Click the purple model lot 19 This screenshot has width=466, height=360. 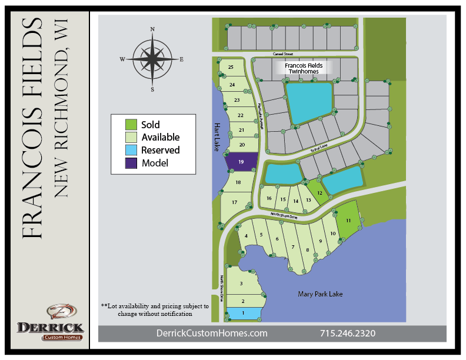click(x=242, y=162)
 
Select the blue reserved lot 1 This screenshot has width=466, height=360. click(x=243, y=314)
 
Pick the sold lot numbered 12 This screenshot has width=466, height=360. click(x=319, y=192)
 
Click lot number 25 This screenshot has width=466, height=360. click(x=231, y=68)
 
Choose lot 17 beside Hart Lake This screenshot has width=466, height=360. click(x=234, y=203)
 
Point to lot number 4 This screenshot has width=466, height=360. click(x=245, y=236)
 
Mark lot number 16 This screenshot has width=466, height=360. click(x=269, y=199)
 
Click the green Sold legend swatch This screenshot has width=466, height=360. click(x=131, y=125)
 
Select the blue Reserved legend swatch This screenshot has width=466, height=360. click(x=131, y=150)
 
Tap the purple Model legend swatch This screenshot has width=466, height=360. click(x=131, y=163)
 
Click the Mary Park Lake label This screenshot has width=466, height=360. click(x=320, y=294)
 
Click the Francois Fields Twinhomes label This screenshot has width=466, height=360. click(x=301, y=68)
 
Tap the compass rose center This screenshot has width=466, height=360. click(x=152, y=59)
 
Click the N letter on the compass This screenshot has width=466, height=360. click(x=152, y=29)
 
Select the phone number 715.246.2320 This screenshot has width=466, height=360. click(x=347, y=334)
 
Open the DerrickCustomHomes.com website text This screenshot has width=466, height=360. click(x=212, y=334)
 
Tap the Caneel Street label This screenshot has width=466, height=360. click(x=282, y=54)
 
